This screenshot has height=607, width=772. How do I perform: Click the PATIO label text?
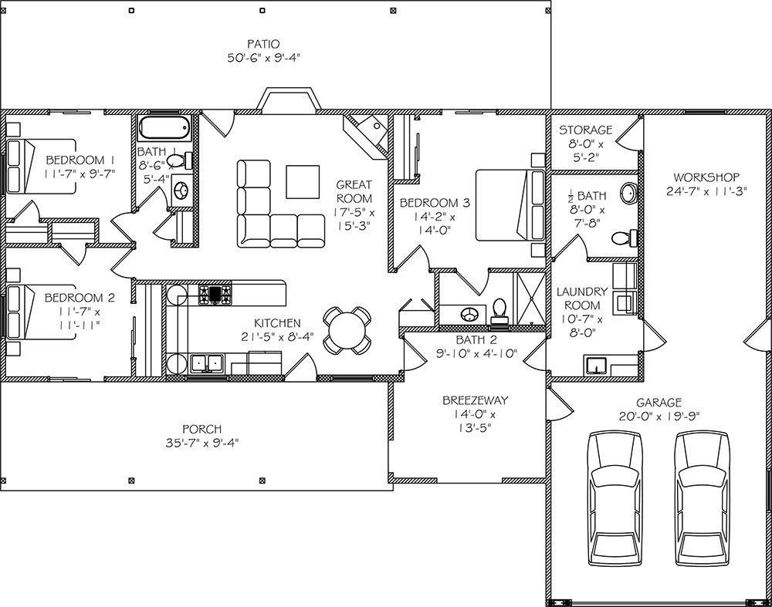(264, 44)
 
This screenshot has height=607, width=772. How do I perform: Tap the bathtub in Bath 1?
(164, 128)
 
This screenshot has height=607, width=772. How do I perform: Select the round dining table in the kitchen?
(347, 330)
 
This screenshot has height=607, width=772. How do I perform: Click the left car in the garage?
(615, 498)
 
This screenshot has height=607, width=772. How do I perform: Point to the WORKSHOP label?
(706, 177)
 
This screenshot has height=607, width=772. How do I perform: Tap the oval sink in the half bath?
(628, 193)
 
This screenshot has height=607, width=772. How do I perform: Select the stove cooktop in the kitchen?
(215, 294)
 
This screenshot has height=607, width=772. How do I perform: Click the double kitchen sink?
(207, 363)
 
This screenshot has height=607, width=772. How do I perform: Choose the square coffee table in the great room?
(303, 181)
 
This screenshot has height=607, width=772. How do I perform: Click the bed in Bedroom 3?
(510, 205)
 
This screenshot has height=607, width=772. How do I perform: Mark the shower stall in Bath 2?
(530, 298)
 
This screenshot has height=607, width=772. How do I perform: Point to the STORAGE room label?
(586, 130)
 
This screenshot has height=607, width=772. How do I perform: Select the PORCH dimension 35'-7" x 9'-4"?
(202, 443)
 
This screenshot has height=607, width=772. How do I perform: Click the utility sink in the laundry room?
(597, 365)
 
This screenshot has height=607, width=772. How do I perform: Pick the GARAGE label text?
(659, 403)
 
